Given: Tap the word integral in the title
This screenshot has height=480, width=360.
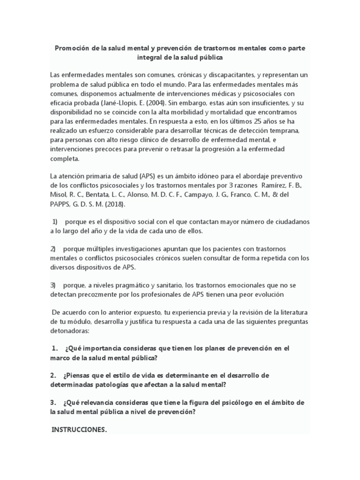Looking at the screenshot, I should click(149, 58).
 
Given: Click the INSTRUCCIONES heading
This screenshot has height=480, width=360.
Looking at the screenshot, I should click(79, 429).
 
